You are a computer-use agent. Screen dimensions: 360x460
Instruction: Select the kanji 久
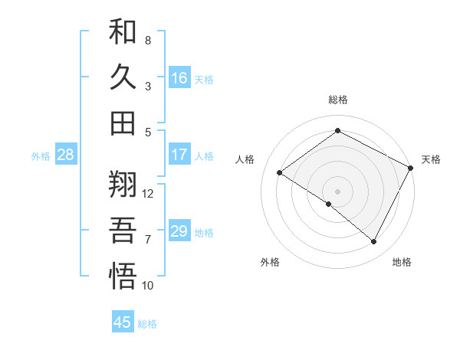123,77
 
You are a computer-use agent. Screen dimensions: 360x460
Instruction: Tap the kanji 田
123,123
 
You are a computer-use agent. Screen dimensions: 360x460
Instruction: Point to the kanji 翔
123,185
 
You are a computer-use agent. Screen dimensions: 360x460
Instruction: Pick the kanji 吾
123,231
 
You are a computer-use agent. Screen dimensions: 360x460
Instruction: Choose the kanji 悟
123,277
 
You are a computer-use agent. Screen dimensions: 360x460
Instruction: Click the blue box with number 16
179,78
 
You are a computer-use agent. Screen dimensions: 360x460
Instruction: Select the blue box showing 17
179,155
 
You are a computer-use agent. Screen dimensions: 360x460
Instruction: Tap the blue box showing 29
179,231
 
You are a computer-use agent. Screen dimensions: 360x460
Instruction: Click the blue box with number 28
66,155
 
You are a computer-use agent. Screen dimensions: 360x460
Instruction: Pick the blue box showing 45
123,322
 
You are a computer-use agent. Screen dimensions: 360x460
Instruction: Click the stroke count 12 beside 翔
149,193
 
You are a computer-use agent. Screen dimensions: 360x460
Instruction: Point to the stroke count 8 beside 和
148,40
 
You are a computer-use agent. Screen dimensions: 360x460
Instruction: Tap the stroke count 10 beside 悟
149,286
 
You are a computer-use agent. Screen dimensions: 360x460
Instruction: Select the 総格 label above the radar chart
337,100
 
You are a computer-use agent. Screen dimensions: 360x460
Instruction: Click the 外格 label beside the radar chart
270,262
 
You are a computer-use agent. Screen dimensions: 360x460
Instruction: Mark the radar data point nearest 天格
411,168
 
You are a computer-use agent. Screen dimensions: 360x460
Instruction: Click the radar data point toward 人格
280,172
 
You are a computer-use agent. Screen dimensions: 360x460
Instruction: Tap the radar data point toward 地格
374,242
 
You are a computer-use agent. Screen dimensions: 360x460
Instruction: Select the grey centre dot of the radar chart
337,191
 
